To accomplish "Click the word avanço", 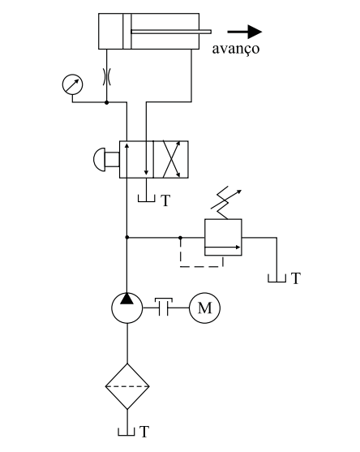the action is pyautogui.click(x=236, y=49).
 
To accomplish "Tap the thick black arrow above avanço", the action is pyautogui.click(x=245, y=32).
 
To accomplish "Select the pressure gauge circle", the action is pyautogui.click(x=73, y=84).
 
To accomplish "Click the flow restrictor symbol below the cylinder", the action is pyautogui.click(x=106, y=76).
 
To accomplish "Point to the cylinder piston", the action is pyautogui.click(x=127, y=31).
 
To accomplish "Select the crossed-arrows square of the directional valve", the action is pyautogui.click(x=171, y=159).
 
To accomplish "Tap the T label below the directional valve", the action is pyautogui.click(x=165, y=200).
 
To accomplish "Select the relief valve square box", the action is pyautogui.click(x=223, y=237).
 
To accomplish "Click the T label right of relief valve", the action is pyautogui.click(x=296, y=278).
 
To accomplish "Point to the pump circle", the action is pyautogui.click(x=127, y=308).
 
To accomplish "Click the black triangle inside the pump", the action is pyautogui.click(x=127, y=299).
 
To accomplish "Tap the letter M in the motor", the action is pyautogui.click(x=205, y=308).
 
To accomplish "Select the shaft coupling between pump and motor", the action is pyautogui.click(x=164, y=307).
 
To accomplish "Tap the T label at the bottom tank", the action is pyautogui.click(x=144, y=432).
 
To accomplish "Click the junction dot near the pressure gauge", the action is pyautogui.click(x=106, y=102).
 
